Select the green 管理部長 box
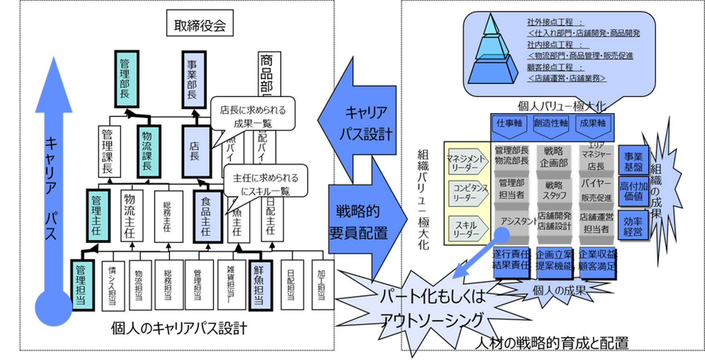tap(126, 79)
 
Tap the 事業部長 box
tap(194, 79)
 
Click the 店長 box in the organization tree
tap(195, 151)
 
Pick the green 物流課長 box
tap(148, 151)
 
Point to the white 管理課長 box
tap(109, 151)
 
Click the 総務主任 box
tap(168, 216)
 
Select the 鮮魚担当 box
tap(260, 285)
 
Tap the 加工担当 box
tap(322, 285)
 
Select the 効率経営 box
tap(633, 227)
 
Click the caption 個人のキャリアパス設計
tap(179, 328)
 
